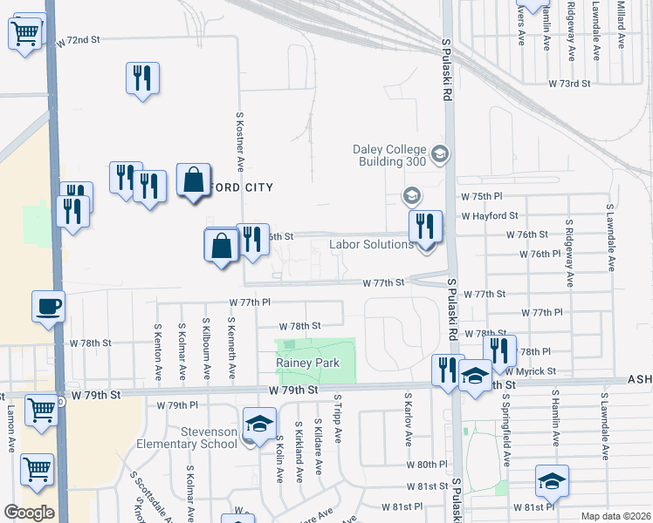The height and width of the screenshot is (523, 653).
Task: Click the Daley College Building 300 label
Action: pyautogui.click(x=389, y=155)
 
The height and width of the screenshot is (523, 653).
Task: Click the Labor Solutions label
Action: pyautogui.click(x=371, y=244)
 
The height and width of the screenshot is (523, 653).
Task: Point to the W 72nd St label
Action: pyautogui.click(x=79, y=40)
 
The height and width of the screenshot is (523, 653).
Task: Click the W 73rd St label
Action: pyautogui.click(x=570, y=83)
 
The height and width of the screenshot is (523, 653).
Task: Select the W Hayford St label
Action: pyautogui.click(x=490, y=215)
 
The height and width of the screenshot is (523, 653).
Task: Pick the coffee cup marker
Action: pyautogui.click(x=48, y=307)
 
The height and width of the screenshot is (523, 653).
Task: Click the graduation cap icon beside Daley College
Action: pyautogui.click(x=440, y=155)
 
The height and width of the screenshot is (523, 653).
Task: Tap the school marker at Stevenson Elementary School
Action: pyautogui.click(x=258, y=425)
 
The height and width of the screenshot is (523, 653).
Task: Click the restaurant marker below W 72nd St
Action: pyautogui.click(x=141, y=78)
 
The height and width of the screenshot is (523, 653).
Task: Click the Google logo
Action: pyautogui.click(x=29, y=512)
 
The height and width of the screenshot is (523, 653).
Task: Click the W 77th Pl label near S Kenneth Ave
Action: pyautogui.click(x=251, y=302)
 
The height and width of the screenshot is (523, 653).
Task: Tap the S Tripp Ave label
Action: pyautogui.click(x=336, y=419)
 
